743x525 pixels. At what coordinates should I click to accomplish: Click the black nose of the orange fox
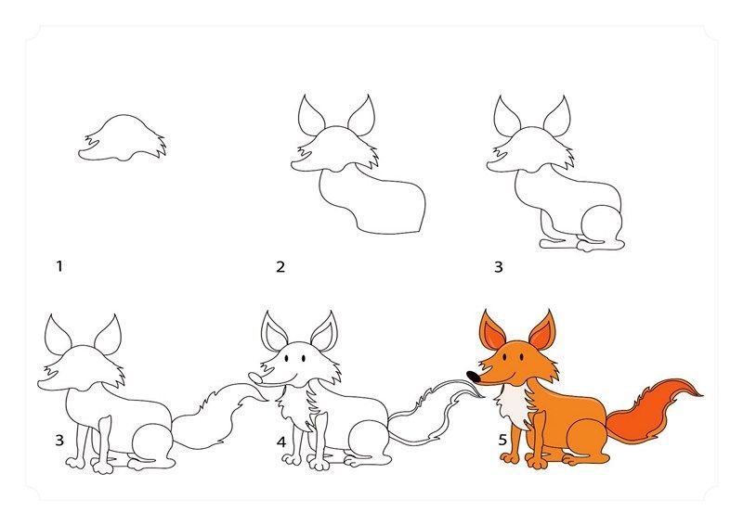[x=473, y=377]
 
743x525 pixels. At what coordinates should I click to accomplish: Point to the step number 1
[x=59, y=266]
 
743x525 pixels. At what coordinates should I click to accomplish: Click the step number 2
[x=280, y=267]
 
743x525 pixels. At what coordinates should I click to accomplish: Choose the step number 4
[x=281, y=442]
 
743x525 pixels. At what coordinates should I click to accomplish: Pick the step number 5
[x=502, y=441]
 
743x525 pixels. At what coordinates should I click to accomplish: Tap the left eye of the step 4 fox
[x=287, y=359]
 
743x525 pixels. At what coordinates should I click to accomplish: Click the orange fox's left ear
[x=491, y=331]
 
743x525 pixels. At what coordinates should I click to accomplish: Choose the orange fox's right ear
[x=541, y=330]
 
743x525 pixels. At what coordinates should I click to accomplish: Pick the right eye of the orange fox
[x=522, y=356]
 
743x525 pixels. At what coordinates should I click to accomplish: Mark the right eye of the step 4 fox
[x=304, y=359]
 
